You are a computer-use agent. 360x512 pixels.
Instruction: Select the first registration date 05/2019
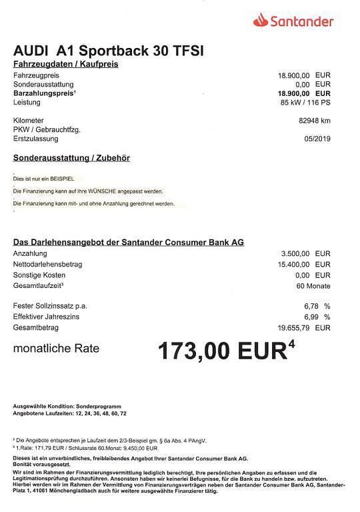pos(315,139)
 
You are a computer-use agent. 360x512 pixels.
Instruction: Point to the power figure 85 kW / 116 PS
pos(305,103)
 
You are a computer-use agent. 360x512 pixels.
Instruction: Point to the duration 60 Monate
pos(311,285)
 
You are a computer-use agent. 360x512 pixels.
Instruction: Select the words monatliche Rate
pos(56,348)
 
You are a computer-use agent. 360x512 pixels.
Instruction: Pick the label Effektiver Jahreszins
pos(46,317)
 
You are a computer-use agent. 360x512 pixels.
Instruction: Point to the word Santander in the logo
pos(301,21)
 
